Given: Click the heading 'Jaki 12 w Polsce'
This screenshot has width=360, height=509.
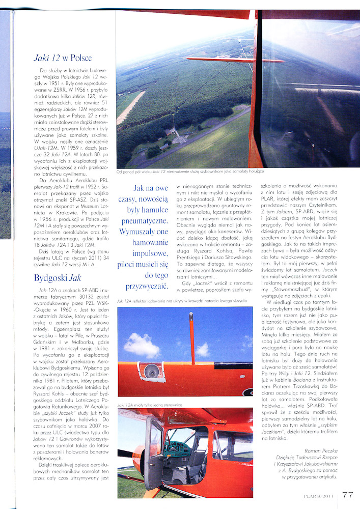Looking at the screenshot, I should [x=62, y=58].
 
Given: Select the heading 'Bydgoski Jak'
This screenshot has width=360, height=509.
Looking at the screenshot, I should [x=57, y=278].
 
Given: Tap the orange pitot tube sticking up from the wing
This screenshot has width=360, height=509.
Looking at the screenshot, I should [x=192, y=331].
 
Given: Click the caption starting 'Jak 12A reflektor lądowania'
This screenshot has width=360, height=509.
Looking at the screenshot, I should [x=182, y=301].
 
